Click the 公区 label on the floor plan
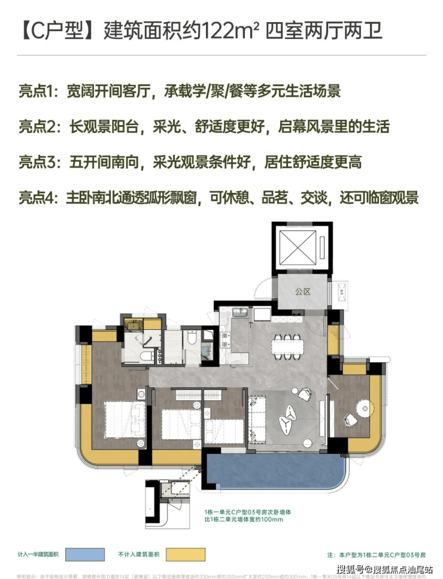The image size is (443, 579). pyautogui.click(x=302, y=292)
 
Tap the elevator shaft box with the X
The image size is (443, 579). pyautogui.click(x=300, y=247)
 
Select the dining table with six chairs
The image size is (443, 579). pyautogui.click(x=288, y=345)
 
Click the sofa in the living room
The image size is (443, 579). pyautogui.click(x=258, y=420)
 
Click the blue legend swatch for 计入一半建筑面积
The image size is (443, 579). pyautogui.click(x=86, y=554)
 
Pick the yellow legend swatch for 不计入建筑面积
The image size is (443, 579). pyautogui.click(x=186, y=554)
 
